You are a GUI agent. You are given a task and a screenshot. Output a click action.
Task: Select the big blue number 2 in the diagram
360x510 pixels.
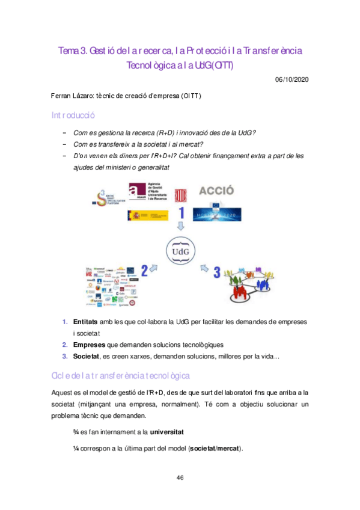click(144, 269)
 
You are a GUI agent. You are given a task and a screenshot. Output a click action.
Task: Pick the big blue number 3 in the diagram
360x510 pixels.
click(217, 272)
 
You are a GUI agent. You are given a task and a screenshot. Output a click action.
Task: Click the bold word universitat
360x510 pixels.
click(167, 432)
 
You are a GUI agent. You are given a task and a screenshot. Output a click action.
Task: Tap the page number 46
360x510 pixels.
click(180, 478)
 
